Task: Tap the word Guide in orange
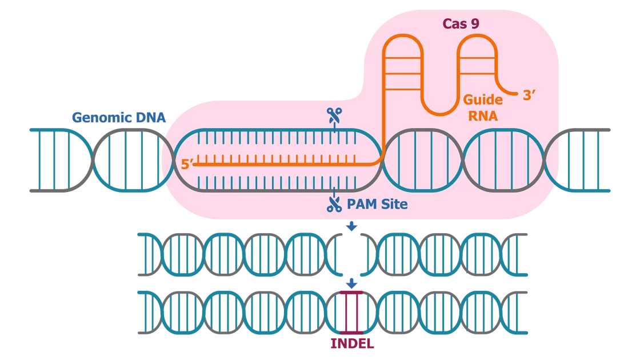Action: (483, 99)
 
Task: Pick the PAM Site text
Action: (377, 203)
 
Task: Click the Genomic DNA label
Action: (118, 118)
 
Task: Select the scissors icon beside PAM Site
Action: (334, 204)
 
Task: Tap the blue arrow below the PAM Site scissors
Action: (353, 227)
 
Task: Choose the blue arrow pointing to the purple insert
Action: (353, 283)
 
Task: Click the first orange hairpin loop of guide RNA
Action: (402, 63)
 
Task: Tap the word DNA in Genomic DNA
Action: (151, 118)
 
